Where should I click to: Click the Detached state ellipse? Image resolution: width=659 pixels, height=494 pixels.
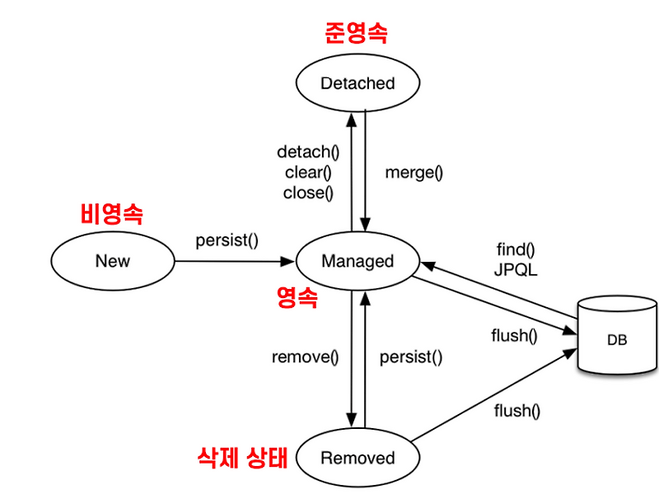pyautogui.click(x=358, y=83)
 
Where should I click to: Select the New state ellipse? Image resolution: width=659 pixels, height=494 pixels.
pyautogui.click(x=113, y=261)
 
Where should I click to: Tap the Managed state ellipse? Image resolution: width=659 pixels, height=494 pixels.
pyautogui.click(x=358, y=261)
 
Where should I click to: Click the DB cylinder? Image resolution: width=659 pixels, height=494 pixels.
pyautogui.click(x=617, y=338)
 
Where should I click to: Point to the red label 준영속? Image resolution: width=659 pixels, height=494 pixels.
pyautogui.click(x=355, y=33)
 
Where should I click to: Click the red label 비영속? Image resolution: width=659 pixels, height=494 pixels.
pyautogui.click(x=112, y=215)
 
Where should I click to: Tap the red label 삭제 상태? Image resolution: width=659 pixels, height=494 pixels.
pyautogui.click(x=244, y=457)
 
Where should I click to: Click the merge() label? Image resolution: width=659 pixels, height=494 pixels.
pyautogui.click(x=414, y=173)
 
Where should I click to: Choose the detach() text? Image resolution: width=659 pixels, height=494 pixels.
pyautogui.click(x=308, y=152)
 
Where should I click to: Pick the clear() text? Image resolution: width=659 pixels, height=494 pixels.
pyautogui.click(x=308, y=173)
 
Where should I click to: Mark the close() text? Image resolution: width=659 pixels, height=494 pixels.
pyautogui.click(x=308, y=193)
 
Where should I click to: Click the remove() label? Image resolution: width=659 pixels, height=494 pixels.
pyautogui.click(x=306, y=357)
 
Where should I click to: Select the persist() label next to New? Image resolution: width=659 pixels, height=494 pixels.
pyautogui.click(x=227, y=240)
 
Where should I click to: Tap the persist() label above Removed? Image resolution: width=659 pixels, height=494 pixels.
pyautogui.click(x=411, y=357)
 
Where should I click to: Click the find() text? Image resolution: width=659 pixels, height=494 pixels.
pyautogui.click(x=516, y=248)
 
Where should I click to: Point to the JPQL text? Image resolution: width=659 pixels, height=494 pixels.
pyautogui.click(x=516, y=268)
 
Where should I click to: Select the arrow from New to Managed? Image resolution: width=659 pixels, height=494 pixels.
pyautogui.click(x=235, y=262)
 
